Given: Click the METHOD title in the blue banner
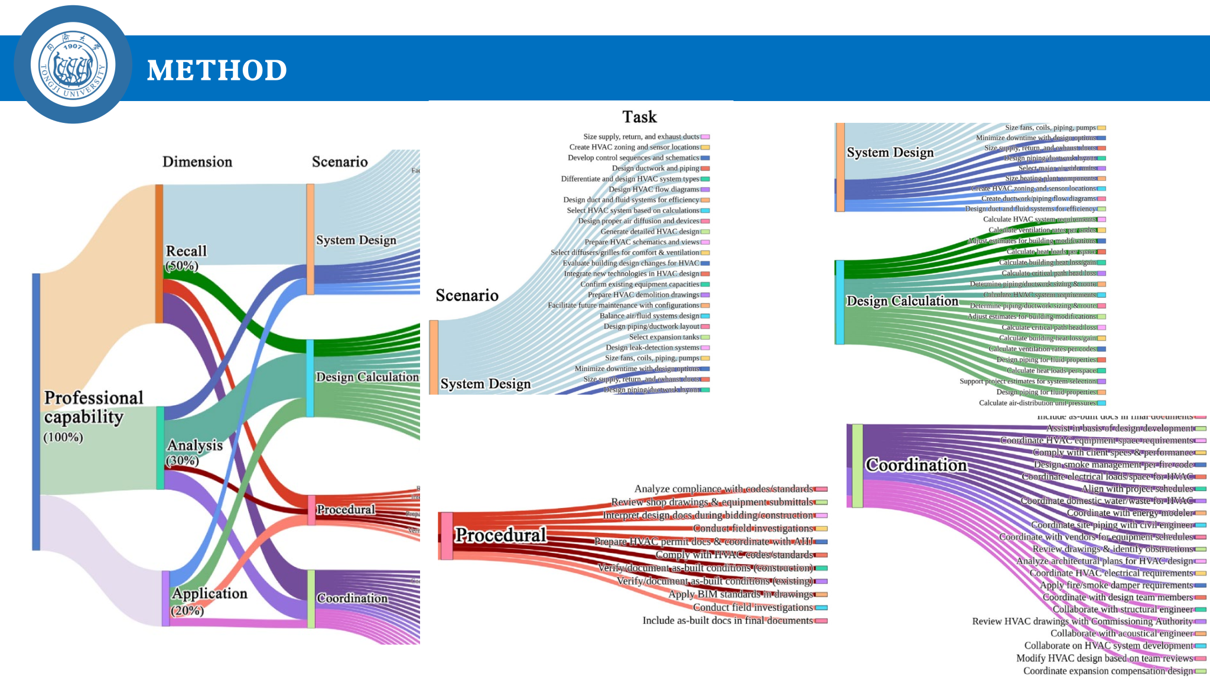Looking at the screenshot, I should (x=217, y=70).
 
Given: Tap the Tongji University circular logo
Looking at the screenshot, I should (x=73, y=64).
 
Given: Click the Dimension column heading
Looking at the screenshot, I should (x=197, y=162).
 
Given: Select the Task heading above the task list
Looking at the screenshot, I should (x=639, y=117).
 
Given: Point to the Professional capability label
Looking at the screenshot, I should (x=93, y=408).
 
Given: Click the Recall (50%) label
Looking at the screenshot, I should (x=186, y=258).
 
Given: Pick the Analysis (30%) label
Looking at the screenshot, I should (x=194, y=452).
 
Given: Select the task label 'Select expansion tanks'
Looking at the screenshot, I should (x=664, y=337).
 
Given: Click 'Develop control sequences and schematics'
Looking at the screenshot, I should (x=633, y=158).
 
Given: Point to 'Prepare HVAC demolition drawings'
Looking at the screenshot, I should (x=643, y=295).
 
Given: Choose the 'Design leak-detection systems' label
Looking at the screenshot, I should (x=652, y=347).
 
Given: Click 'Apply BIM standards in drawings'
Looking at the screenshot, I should (x=741, y=594).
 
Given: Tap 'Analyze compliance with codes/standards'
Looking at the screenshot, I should (x=723, y=489).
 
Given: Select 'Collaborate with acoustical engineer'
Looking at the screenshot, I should (x=1121, y=633).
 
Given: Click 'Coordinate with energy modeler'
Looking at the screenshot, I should (x=1130, y=513).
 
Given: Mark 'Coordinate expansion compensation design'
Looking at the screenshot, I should (x=1108, y=671).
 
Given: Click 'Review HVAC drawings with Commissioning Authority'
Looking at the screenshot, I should (x=1082, y=622).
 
